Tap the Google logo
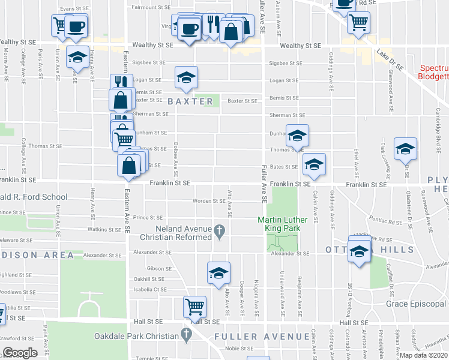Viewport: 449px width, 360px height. click(20, 353)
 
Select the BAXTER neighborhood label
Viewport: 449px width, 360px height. click(190, 101)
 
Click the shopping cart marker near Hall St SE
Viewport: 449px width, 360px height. click(195, 307)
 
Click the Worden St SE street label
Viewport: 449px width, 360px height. click(208, 201)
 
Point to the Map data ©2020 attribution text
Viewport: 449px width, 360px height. click(423, 355)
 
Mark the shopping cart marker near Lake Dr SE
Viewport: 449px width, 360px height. click(358, 23)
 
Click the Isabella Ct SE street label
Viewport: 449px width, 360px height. click(150, 289)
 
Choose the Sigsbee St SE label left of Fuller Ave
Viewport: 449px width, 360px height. click(149, 62)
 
